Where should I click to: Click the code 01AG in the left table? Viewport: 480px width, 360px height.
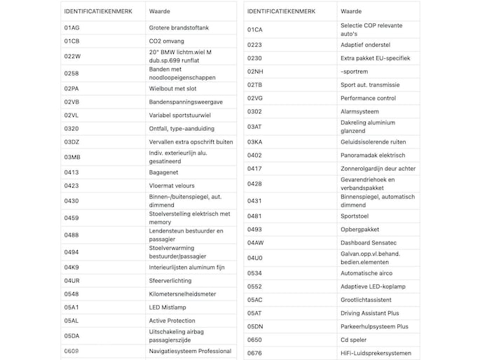(71, 27)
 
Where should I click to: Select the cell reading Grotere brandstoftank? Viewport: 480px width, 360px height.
(179, 27)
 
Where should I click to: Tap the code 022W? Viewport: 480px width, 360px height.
(72, 56)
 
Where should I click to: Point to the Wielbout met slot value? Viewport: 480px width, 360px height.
(172, 88)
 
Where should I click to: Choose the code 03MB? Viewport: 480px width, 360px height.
(72, 156)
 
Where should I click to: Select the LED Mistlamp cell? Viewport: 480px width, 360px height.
(168, 307)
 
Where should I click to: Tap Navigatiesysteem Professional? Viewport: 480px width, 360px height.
(190, 351)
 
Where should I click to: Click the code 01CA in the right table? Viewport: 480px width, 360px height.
(255, 29)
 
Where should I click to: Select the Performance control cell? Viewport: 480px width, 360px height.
(368, 98)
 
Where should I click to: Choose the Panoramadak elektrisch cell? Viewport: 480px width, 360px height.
(373, 155)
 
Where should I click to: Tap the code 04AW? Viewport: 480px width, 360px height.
(256, 242)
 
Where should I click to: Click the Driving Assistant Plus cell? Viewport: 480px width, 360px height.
(369, 313)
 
